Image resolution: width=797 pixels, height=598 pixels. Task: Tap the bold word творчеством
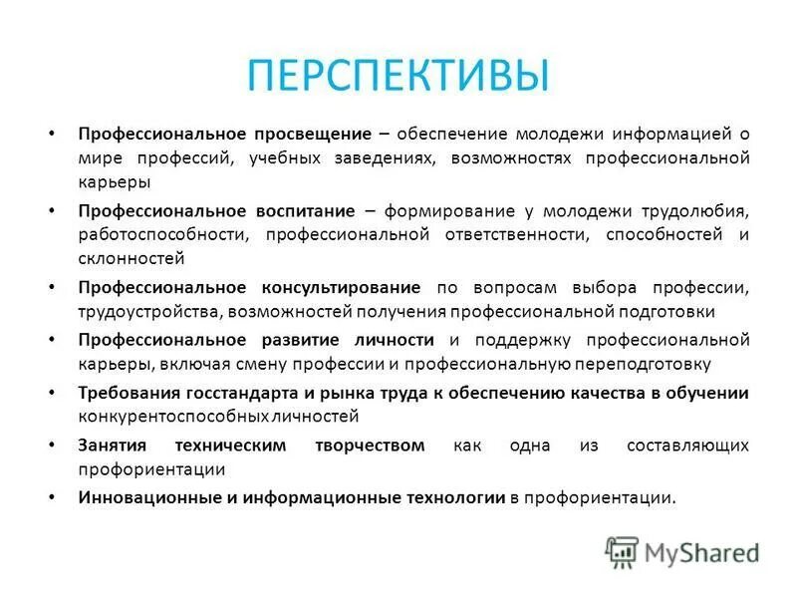tap(369, 445)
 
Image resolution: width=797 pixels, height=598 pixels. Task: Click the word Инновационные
tap(141, 496)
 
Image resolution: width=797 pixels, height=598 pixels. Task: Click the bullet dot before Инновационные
tap(52, 496)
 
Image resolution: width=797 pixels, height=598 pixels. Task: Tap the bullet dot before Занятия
tap(52, 445)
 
